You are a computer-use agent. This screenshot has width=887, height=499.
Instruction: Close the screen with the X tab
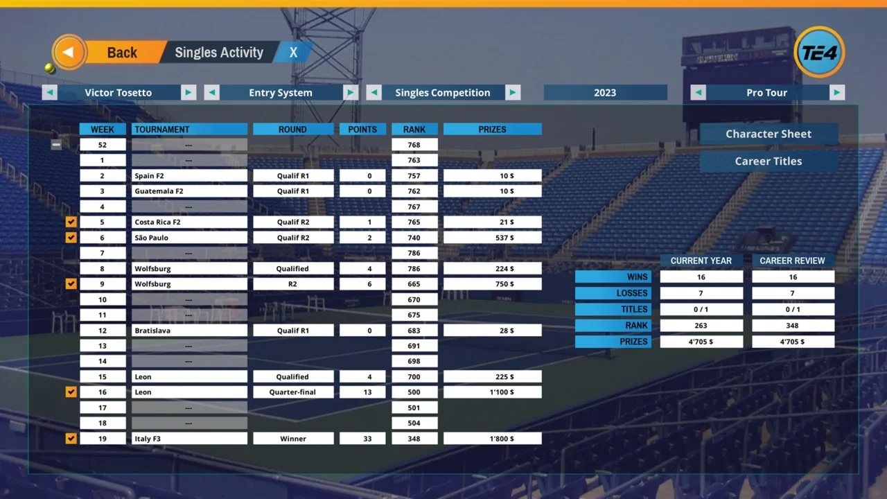(293, 53)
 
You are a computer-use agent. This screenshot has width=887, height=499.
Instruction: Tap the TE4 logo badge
(819, 52)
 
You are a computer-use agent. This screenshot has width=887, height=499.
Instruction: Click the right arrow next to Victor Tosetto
(188, 93)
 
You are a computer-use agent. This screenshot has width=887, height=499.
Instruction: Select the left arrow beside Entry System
(212, 93)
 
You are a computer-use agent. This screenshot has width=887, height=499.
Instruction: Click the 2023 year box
(605, 93)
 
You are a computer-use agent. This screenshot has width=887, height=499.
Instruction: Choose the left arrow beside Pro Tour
(699, 93)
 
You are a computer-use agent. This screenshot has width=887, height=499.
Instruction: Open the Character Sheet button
(768, 134)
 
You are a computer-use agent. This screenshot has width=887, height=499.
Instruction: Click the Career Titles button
(768, 161)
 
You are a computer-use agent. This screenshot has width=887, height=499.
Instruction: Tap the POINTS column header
(362, 130)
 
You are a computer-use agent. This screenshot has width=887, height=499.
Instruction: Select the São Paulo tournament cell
(189, 238)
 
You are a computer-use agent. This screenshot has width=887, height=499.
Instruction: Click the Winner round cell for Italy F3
(293, 439)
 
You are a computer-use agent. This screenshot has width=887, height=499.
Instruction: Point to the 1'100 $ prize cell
(492, 392)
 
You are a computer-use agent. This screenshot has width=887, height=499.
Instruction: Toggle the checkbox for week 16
(71, 392)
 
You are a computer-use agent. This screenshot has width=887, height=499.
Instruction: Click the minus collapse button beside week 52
(56, 145)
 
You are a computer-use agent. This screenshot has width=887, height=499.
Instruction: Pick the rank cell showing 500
(414, 392)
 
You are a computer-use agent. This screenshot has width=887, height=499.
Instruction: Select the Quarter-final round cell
(293, 392)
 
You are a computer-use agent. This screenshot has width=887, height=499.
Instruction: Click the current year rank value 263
(701, 326)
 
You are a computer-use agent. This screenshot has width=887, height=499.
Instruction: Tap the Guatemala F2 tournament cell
(189, 191)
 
